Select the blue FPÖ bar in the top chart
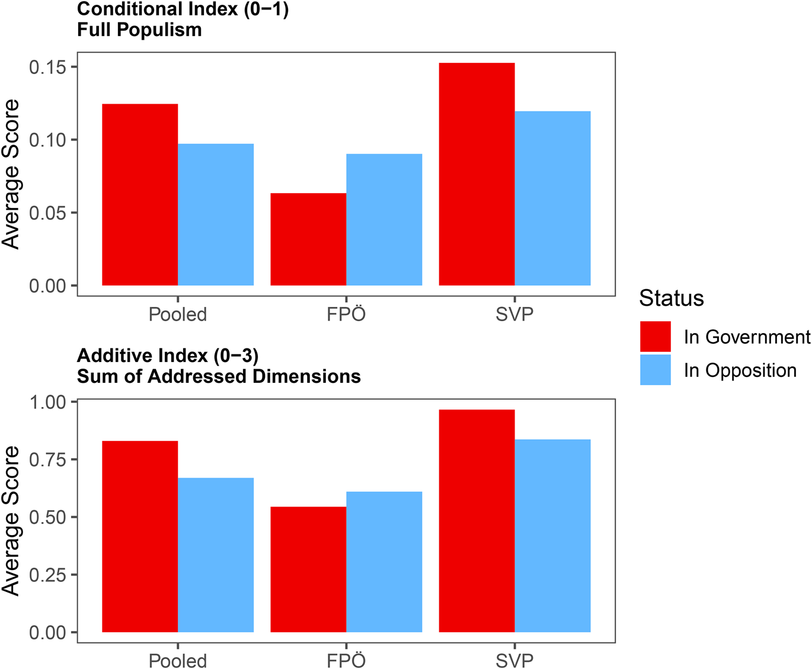(x=384, y=220)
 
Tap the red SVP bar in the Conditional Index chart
(x=477, y=174)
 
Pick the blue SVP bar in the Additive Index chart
(x=552, y=536)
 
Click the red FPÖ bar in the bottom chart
(x=308, y=569)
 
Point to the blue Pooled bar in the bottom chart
(x=216, y=555)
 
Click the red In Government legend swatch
(x=656, y=337)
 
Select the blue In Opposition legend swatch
(x=656, y=370)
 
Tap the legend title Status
(x=672, y=298)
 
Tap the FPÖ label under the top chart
(x=346, y=313)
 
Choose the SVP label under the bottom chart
(x=514, y=660)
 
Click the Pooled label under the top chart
(x=178, y=313)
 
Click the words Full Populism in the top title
(x=139, y=30)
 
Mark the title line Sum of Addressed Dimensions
(x=219, y=376)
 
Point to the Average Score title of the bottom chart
(x=11, y=520)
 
